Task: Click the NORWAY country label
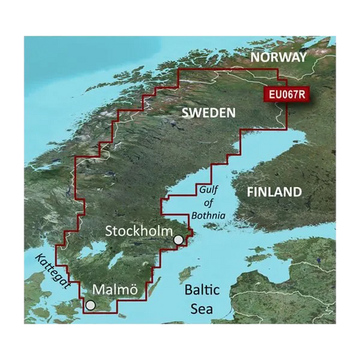pos(278,58)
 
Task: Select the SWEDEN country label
pos(208,113)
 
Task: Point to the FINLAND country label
pos(274,192)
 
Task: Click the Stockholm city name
pos(139,231)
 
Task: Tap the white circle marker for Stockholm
pos(178,240)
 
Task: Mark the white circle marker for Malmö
pos(90,305)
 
